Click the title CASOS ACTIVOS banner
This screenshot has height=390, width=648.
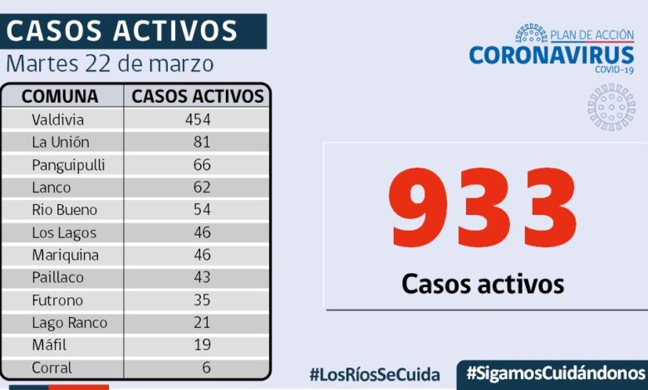(x=122, y=31)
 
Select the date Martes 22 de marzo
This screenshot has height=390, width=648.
(x=110, y=64)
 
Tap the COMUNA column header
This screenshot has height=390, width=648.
(x=60, y=96)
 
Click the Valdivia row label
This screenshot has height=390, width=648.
(x=58, y=119)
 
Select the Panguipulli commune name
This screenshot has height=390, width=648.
(x=68, y=164)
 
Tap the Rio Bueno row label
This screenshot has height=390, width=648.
(x=64, y=210)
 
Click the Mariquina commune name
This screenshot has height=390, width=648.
(x=65, y=255)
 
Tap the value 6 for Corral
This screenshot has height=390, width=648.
(x=205, y=368)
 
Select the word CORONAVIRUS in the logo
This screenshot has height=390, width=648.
(x=552, y=55)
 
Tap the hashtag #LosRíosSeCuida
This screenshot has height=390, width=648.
(x=375, y=374)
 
